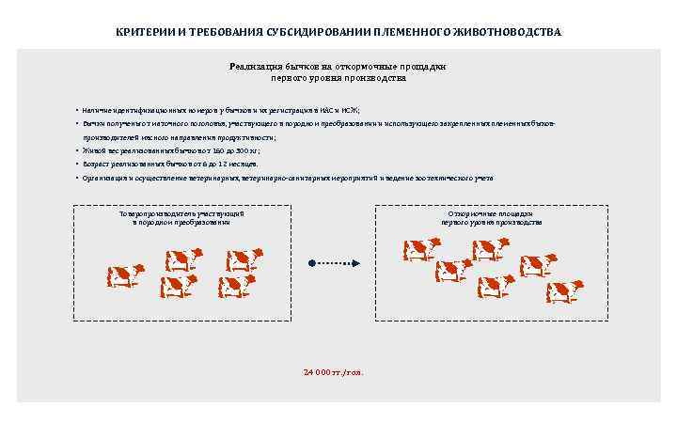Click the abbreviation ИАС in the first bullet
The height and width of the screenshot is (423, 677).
(x=326, y=111)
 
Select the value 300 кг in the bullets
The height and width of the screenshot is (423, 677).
(x=245, y=150)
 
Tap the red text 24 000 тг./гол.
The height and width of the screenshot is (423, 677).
(x=333, y=372)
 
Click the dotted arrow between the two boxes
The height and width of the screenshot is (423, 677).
(x=338, y=263)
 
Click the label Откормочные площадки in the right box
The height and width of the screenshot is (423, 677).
(x=492, y=214)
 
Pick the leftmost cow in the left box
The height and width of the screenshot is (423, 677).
(x=124, y=275)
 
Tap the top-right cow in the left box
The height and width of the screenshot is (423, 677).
(x=244, y=258)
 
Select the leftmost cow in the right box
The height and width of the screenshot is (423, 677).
(x=420, y=249)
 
